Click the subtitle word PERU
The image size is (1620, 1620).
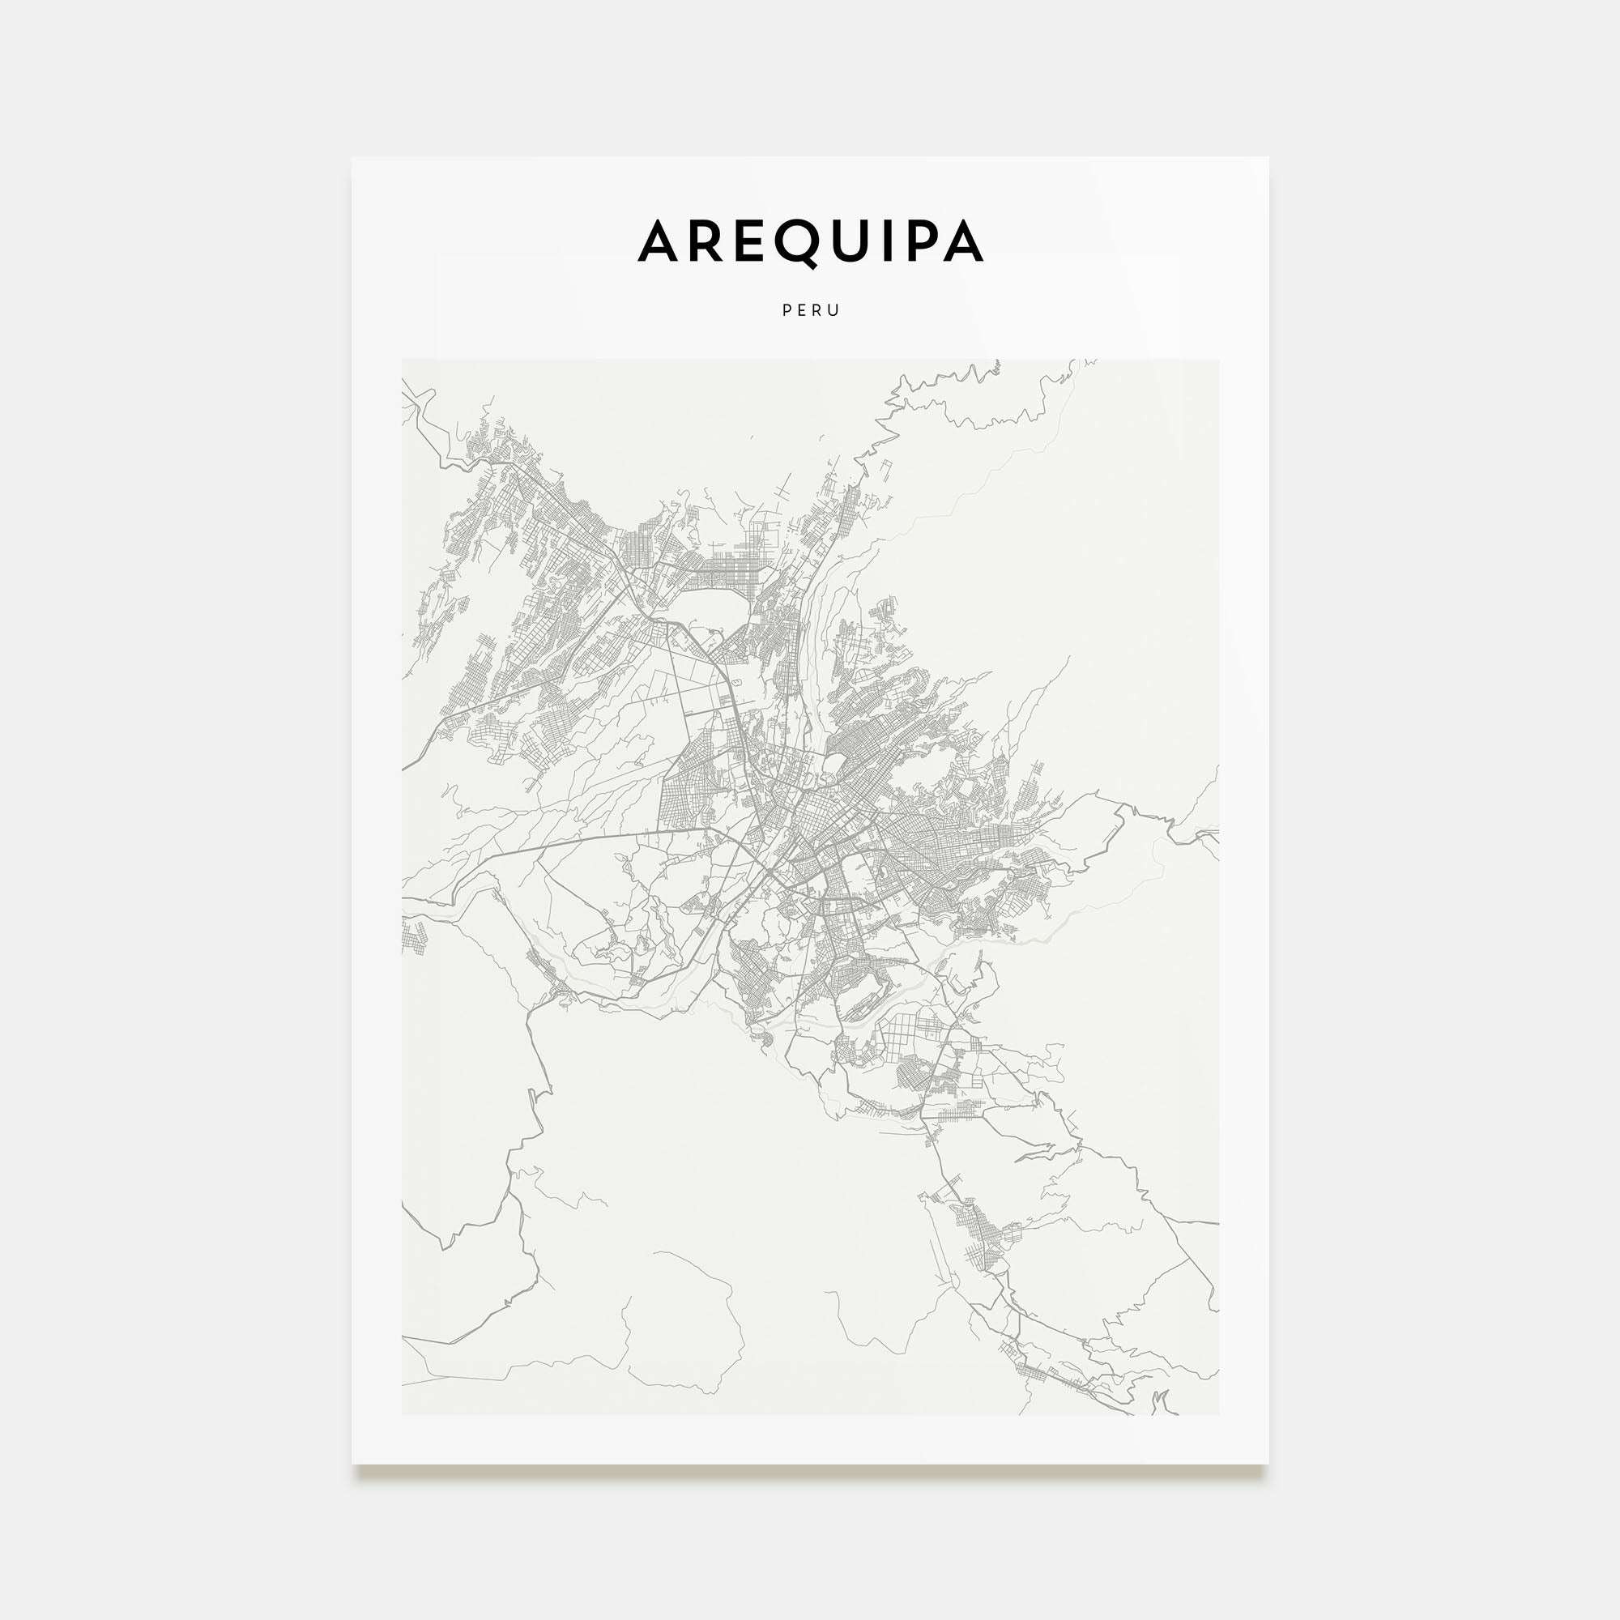pos(810,310)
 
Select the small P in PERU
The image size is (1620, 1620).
pos(787,310)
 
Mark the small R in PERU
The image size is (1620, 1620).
pos(818,310)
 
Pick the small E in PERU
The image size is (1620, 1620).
pos(803,310)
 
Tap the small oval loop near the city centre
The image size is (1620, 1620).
pos(834,764)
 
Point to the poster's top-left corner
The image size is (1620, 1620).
pos(352,158)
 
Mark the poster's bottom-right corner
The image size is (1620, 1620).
pos(1268,1464)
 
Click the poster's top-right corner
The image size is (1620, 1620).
pos(1268,158)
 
